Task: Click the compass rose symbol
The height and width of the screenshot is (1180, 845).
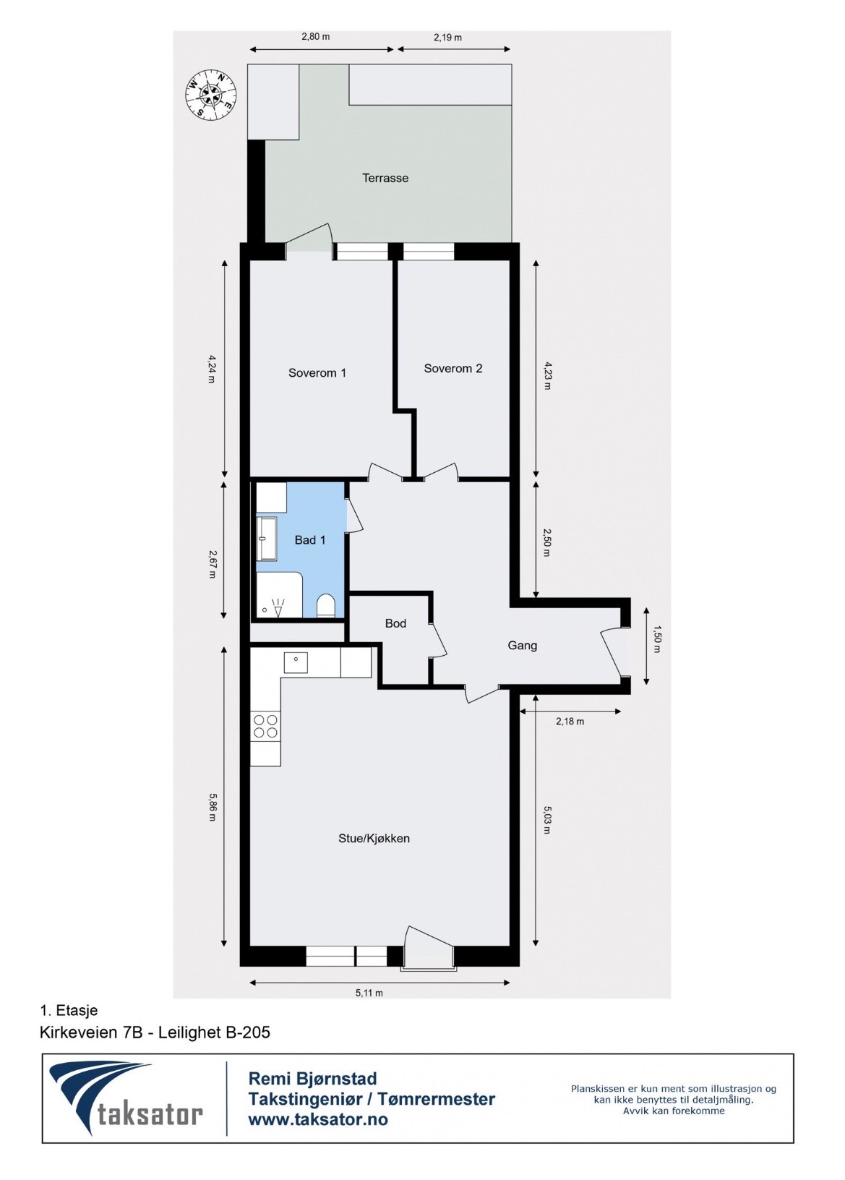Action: coord(210,94)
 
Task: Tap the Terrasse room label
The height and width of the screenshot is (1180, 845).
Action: coord(385,178)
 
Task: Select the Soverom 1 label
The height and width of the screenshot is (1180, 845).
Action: coord(317,373)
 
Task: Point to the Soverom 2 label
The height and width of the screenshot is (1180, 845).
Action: coord(452,368)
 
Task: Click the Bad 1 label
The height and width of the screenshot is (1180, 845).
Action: coord(309,540)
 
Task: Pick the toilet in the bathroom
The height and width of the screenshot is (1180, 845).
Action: coord(327,606)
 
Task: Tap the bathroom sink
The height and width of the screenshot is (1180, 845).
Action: coord(267,539)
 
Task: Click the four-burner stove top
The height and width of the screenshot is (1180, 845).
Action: coord(266,726)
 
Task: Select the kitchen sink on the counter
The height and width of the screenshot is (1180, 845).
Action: coord(296,662)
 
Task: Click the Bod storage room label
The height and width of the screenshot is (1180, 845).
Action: coord(395,623)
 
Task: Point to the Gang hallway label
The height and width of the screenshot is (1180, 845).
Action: coord(523,646)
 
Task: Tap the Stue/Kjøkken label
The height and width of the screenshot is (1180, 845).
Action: coord(374,838)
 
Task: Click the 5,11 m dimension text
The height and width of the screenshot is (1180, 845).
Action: coord(369,993)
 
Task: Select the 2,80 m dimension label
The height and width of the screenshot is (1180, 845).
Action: coord(315,37)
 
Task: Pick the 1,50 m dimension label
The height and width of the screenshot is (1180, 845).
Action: coord(656,639)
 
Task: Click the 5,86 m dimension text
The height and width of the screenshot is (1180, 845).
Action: coord(212,807)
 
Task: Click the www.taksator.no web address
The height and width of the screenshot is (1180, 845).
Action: coord(318,1119)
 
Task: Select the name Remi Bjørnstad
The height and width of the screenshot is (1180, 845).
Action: coord(313,1079)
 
